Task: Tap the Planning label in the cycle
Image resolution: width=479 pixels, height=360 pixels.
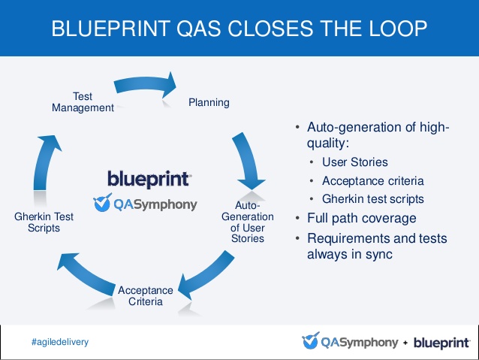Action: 209,102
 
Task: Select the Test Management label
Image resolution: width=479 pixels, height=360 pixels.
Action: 83,102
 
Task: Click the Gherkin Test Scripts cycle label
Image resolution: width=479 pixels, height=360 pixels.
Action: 44,222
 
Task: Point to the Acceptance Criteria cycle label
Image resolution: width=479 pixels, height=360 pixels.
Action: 146,296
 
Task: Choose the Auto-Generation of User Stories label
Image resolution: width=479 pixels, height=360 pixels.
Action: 248,222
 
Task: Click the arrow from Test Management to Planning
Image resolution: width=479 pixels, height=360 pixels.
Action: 146,84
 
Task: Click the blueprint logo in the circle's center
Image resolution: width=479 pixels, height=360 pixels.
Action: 149,179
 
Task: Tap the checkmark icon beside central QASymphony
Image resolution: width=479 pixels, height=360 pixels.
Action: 102,202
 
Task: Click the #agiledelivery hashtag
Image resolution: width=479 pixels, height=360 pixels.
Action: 60,342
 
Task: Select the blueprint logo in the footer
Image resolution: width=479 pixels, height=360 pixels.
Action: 441,343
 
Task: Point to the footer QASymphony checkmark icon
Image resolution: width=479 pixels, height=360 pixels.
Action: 311,340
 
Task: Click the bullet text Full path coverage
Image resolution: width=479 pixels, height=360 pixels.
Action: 362,219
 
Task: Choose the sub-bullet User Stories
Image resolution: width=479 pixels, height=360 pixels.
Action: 355,162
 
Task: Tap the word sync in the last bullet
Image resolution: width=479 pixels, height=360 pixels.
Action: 379,255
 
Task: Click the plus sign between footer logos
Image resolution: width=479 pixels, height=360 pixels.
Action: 405,343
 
